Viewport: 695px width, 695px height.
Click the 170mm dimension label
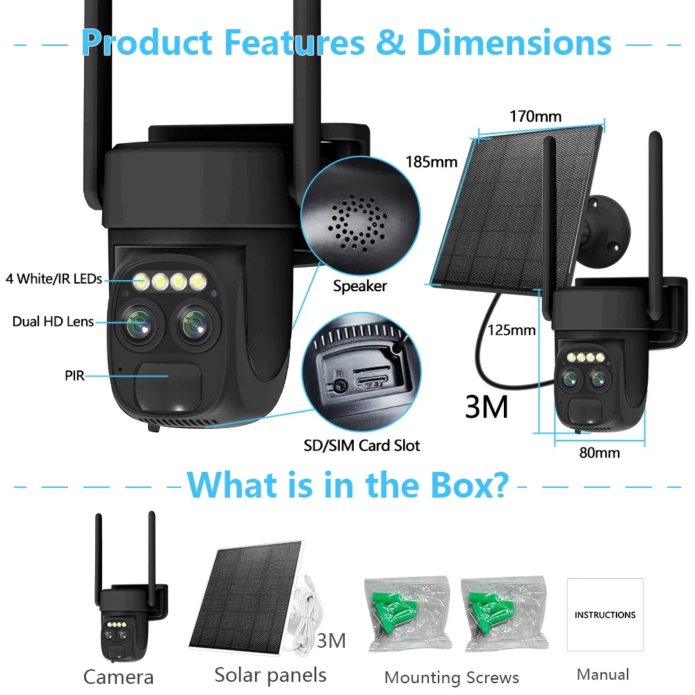click(535, 116)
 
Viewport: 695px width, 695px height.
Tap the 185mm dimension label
click(432, 162)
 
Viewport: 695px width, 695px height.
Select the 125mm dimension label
click(512, 329)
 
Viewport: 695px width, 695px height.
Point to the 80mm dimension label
click(599, 453)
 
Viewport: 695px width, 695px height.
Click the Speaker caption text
click(359, 286)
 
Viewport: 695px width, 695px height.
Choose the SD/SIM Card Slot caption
click(362, 445)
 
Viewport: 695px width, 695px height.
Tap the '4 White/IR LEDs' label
click(54, 279)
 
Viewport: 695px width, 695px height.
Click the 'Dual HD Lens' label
click(53, 321)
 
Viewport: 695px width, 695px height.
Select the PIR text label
click(74, 376)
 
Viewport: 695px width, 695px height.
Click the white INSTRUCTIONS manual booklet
click(605, 615)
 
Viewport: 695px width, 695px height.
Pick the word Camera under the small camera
click(118, 677)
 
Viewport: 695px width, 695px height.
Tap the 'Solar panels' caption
click(270, 674)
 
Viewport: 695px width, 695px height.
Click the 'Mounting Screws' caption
click(452, 678)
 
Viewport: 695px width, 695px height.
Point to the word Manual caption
click(603, 674)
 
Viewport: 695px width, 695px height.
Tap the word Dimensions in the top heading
click(514, 43)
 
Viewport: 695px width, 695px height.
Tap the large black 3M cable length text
click(486, 407)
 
